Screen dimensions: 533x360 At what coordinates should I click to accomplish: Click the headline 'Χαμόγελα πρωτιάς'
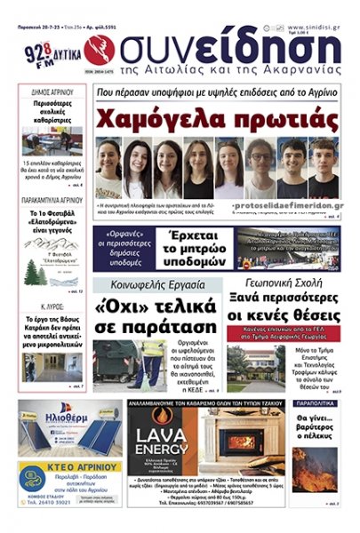coord(216,119)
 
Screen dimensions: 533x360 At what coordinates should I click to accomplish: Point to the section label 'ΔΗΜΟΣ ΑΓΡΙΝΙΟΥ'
coord(52,91)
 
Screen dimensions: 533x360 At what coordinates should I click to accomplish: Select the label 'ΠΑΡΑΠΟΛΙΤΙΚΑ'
coord(315,404)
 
